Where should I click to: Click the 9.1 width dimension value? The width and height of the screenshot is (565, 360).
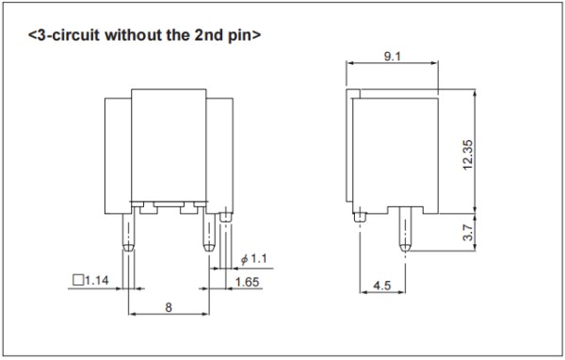392,57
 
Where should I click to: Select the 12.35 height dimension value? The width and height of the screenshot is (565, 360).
467,155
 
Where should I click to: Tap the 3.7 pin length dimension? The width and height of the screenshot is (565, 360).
467,233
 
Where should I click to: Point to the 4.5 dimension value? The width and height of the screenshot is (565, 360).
382,286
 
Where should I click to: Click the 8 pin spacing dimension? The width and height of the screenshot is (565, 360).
169,307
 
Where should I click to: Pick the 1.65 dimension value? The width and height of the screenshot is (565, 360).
247,282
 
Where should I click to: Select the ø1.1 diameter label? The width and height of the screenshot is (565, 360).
254,258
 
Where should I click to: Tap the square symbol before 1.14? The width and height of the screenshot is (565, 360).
78,280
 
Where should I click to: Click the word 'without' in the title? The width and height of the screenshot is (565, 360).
133,35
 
